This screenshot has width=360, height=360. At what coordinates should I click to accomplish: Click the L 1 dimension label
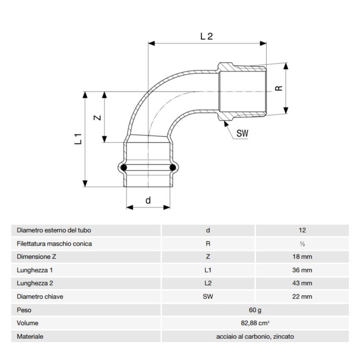click(78, 139)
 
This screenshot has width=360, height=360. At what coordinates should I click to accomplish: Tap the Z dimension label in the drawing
click(97, 118)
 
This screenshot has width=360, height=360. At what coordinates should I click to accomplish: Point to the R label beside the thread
click(278, 88)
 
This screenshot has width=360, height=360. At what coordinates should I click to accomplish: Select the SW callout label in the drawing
click(242, 133)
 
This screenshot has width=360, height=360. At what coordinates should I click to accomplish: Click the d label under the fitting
click(148, 201)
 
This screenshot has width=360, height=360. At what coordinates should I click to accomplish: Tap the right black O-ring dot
click(172, 169)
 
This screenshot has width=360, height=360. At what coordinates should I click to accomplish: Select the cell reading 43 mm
click(302, 283)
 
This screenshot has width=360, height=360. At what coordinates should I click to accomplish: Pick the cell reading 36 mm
click(302, 270)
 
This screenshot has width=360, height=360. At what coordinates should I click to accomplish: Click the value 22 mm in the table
click(302, 296)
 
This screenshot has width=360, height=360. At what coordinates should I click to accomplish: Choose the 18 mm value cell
click(302, 257)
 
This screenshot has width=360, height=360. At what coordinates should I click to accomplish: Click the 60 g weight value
click(255, 310)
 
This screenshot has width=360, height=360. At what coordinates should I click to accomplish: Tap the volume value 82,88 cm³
click(255, 323)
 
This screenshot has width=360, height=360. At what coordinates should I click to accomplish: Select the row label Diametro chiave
click(40, 296)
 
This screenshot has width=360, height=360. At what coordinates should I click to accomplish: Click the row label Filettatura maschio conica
click(54, 244)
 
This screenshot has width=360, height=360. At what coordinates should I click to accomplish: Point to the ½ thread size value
click(302, 244)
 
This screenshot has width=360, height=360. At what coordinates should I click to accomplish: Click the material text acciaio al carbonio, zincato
click(255, 337)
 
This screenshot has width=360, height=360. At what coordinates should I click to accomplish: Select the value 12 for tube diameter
click(302, 230)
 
